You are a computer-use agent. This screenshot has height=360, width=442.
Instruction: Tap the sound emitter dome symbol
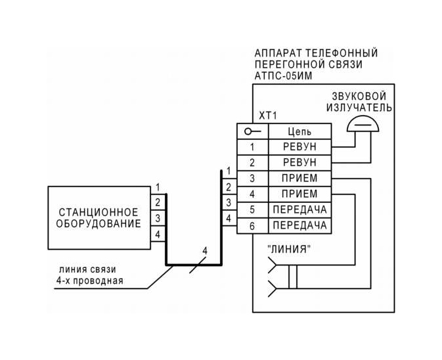(x=363, y=124)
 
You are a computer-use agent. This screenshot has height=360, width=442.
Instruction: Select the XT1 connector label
(x=268, y=116)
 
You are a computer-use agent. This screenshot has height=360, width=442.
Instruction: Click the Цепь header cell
(x=299, y=131)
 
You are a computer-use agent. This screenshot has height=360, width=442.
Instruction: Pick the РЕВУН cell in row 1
(x=299, y=147)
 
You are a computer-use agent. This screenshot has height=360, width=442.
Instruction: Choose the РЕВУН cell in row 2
(x=299, y=163)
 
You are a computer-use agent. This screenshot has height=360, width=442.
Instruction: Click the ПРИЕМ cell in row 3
(x=299, y=178)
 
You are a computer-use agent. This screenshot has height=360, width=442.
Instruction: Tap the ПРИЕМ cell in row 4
(x=299, y=194)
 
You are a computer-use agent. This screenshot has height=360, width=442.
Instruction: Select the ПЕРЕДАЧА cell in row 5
(x=299, y=210)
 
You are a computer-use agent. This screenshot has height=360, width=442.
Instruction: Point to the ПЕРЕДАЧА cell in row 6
(x=299, y=225)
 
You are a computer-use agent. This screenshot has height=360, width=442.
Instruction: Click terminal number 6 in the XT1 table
(x=252, y=226)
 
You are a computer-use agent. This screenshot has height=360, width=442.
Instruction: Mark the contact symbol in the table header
(x=253, y=131)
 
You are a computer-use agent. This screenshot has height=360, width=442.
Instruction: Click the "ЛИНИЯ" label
(x=290, y=249)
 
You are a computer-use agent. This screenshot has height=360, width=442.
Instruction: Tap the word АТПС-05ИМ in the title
(x=283, y=76)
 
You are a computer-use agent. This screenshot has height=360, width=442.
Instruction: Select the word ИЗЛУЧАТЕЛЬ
(x=359, y=108)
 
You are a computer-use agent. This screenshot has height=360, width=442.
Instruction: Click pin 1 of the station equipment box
(x=158, y=187)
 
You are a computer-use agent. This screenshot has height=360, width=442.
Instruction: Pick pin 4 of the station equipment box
(x=158, y=235)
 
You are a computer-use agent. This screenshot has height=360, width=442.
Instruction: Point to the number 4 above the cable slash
(x=205, y=250)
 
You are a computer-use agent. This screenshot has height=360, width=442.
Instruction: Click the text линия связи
(x=87, y=269)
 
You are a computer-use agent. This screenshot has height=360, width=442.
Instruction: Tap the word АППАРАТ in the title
(x=278, y=53)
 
